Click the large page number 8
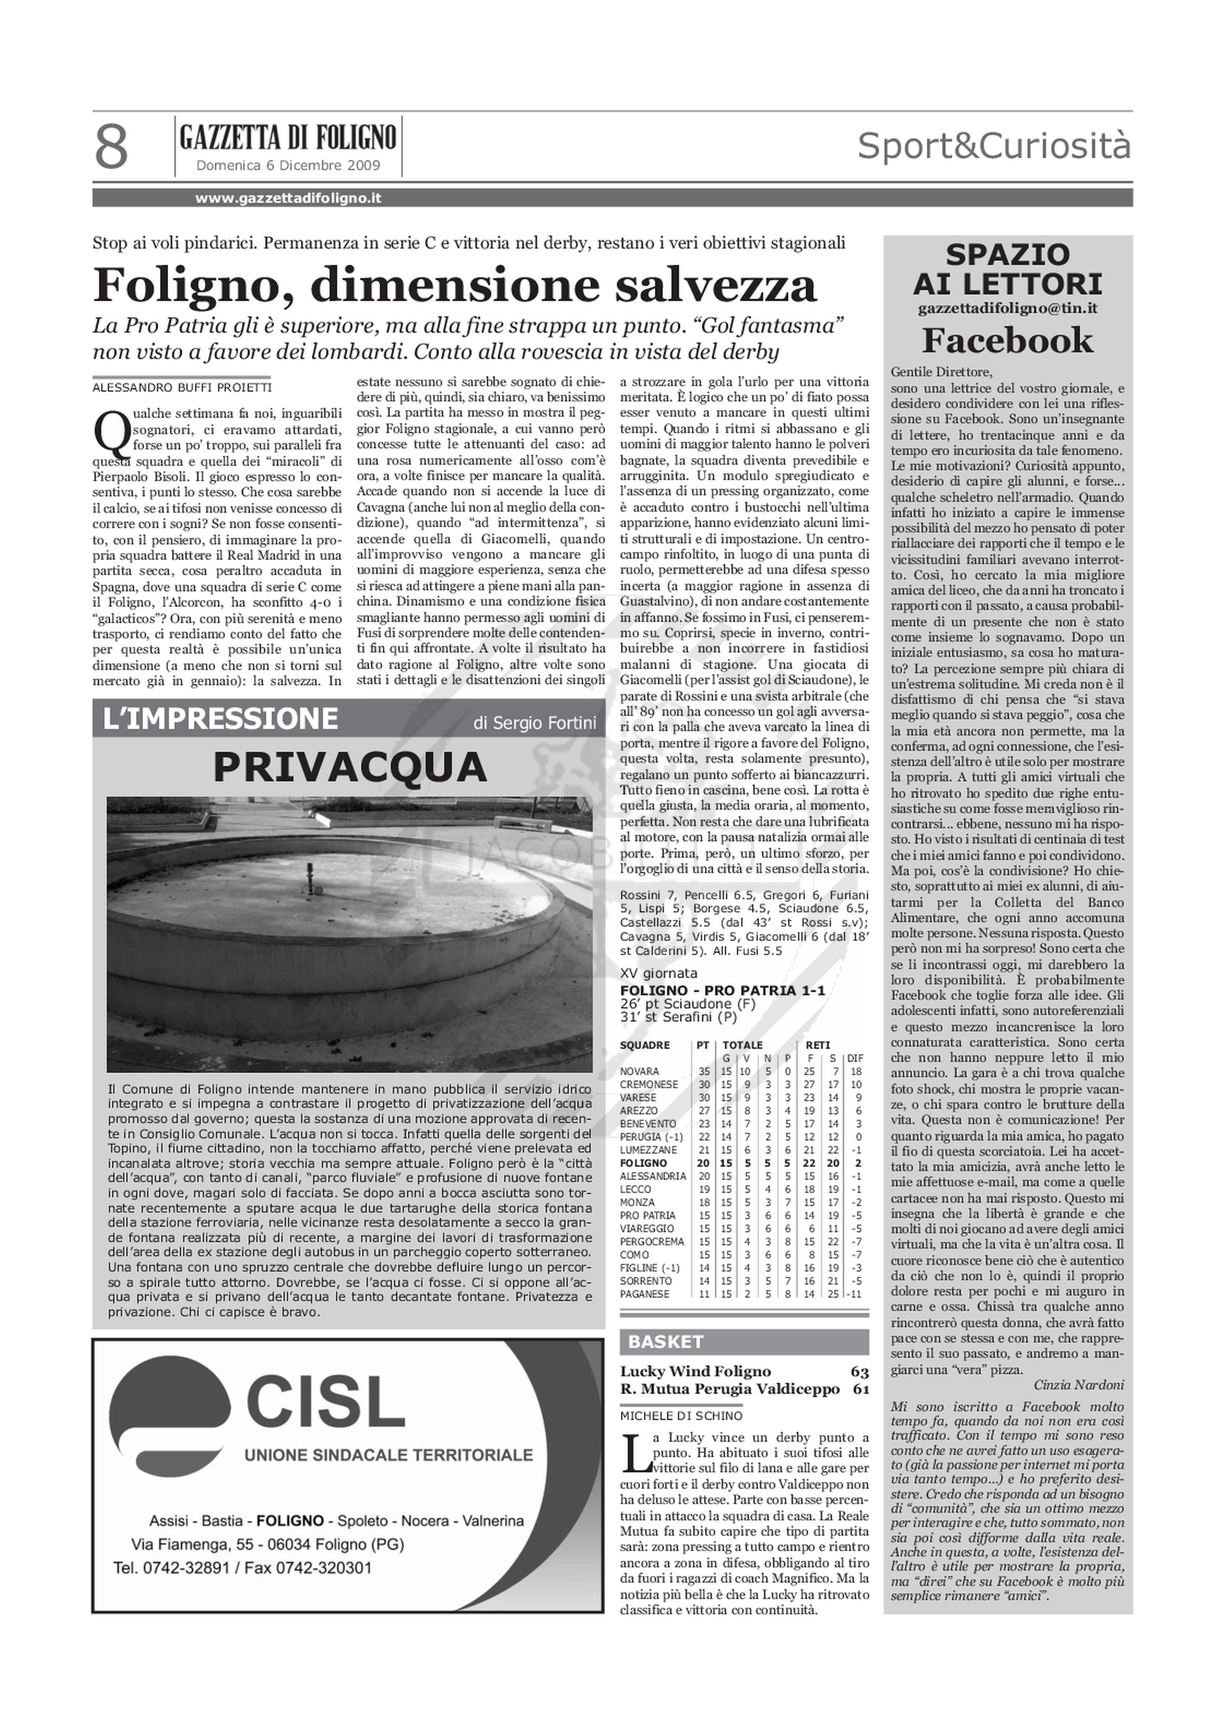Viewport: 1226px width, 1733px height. [x=112, y=149]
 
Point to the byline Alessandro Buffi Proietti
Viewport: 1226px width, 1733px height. [x=181, y=387]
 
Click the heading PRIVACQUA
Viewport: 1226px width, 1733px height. [x=350, y=768]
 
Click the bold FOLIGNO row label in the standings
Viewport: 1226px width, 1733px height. [x=643, y=1163]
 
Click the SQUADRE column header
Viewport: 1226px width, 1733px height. [x=645, y=1045]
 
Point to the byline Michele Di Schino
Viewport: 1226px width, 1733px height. [x=681, y=1416]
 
